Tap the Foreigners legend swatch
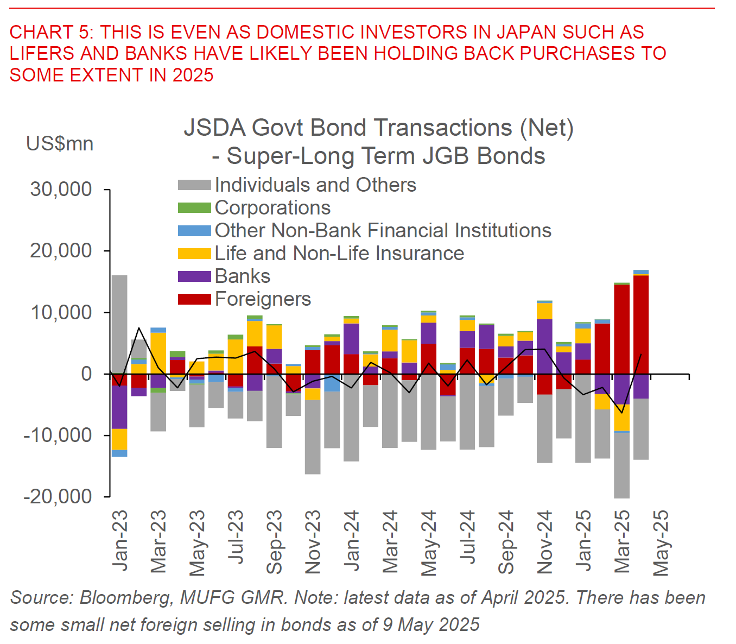pos(194,299)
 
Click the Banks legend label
pos(243,276)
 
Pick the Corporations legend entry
pos(272,208)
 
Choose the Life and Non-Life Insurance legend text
pos(339,254)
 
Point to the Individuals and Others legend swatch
pos(194,185)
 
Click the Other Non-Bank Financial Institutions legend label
pos(383,231)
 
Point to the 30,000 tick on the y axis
pos(61,190)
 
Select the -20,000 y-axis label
pos(58,496)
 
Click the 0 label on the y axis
pos(87,374)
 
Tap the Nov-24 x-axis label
pos(544,542)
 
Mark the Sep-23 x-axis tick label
pos(274,542)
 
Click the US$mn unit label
pos(60,144)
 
